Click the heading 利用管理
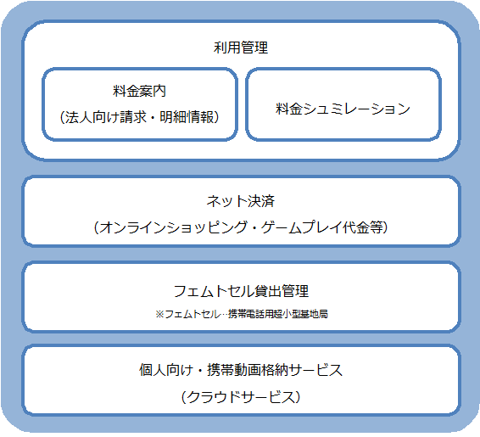pos(241,48)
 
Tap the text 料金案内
pos(139,91)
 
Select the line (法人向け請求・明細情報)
pos(140,117)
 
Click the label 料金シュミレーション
pos(343,109)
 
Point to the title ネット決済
pos(241,201)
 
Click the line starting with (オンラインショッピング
pos(241,227)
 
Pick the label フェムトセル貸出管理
pos(241,291)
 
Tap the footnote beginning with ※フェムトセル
pos(241,314)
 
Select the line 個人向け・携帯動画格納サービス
pos(241,370)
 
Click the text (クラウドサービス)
pos(241,397)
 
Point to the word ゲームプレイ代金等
pos(322,227)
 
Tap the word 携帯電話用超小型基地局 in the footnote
pos(278,314)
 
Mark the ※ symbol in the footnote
pos(159,314)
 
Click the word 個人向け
pos(165,370)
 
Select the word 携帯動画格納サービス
pos(275,370)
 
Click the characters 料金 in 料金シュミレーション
pos(289,109)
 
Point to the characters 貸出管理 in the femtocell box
pos(282,291)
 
